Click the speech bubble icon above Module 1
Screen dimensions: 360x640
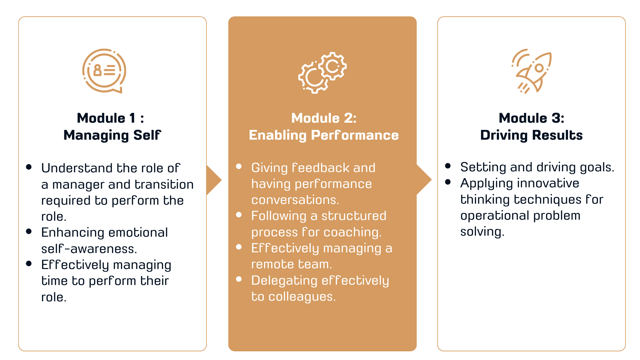(x=104, y=71)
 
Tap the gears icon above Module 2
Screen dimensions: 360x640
(x=322, y=72)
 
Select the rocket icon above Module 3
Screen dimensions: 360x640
(x=532, y=71)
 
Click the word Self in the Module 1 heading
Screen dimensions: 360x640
(x=147, y=135)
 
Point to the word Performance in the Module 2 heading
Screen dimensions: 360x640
(x=355, y=135)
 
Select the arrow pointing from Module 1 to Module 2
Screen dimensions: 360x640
(x=214, y=180)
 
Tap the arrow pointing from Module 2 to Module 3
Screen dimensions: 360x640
(x=424, y=180)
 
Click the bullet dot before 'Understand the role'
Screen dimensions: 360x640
(x=29, y=167)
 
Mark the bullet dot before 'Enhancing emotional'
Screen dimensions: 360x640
(x=29, y=231)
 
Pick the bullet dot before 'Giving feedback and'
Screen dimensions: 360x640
(x=239, y=166)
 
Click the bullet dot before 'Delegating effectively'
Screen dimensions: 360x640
(x=239, y=279)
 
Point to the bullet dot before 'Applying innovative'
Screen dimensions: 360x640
(x=448, y=182)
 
